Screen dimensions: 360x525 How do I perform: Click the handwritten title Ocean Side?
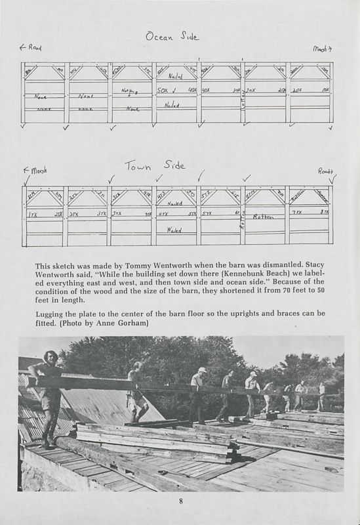coord(172,37)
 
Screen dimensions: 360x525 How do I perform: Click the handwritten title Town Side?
coord(155,165)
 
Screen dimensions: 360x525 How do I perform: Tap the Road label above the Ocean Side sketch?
coord(31,48)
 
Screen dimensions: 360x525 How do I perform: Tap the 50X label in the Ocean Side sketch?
coord(164,90)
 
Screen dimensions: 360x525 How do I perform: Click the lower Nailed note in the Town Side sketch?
coord(174,230)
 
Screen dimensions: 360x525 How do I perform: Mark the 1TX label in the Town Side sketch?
coord(32,214)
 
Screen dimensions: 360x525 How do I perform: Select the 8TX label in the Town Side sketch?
coord(324,212)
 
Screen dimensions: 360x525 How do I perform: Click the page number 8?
coord(180,502)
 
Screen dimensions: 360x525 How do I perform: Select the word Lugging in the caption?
coord(50,313)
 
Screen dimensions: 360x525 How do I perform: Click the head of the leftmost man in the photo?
coord(50,358)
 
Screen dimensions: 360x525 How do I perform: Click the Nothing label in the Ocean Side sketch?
coord(128,92)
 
